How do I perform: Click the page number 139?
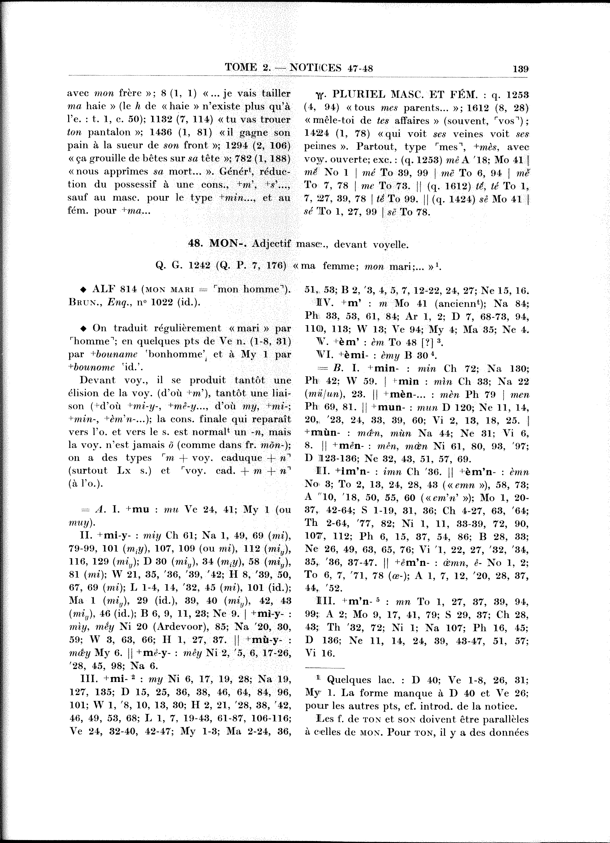pos(520,68)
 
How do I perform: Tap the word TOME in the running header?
pos(241,68)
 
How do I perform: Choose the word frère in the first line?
pos(130,93)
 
